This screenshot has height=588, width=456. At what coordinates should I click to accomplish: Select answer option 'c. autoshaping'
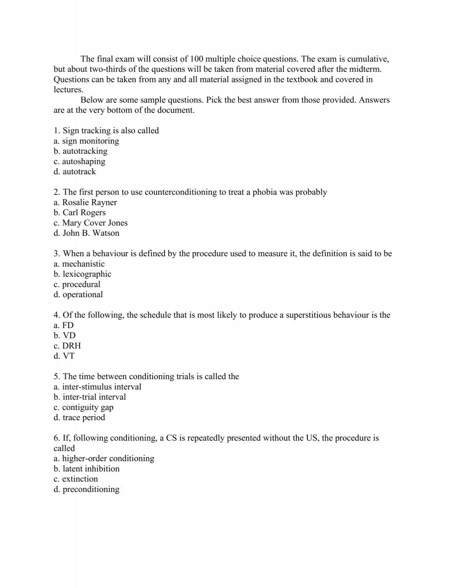(79, 161)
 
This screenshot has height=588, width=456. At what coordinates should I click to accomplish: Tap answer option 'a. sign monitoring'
(86, 141)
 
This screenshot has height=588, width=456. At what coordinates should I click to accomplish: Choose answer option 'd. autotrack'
(75, 172)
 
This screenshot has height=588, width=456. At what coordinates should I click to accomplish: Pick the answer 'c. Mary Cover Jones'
(90, 223)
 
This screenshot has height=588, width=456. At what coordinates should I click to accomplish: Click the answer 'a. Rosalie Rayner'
(85, 202)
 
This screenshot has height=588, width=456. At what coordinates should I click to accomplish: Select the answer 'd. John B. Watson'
(87, 233)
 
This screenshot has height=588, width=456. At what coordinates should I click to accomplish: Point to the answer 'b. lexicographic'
(82, 274)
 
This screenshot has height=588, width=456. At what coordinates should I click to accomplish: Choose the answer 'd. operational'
(78, 295)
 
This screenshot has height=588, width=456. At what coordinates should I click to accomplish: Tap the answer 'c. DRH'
(67, 346)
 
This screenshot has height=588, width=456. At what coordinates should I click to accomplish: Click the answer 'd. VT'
(64, 356)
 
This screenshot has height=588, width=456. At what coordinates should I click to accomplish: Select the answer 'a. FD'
(64, 325)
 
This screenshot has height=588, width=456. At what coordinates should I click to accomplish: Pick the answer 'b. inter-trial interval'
(90, 397)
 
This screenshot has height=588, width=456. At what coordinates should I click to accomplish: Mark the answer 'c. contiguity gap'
(84, 407)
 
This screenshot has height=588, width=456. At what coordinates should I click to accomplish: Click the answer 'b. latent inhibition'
(87, 469)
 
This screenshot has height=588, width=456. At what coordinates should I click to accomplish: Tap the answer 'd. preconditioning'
(87, 489)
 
